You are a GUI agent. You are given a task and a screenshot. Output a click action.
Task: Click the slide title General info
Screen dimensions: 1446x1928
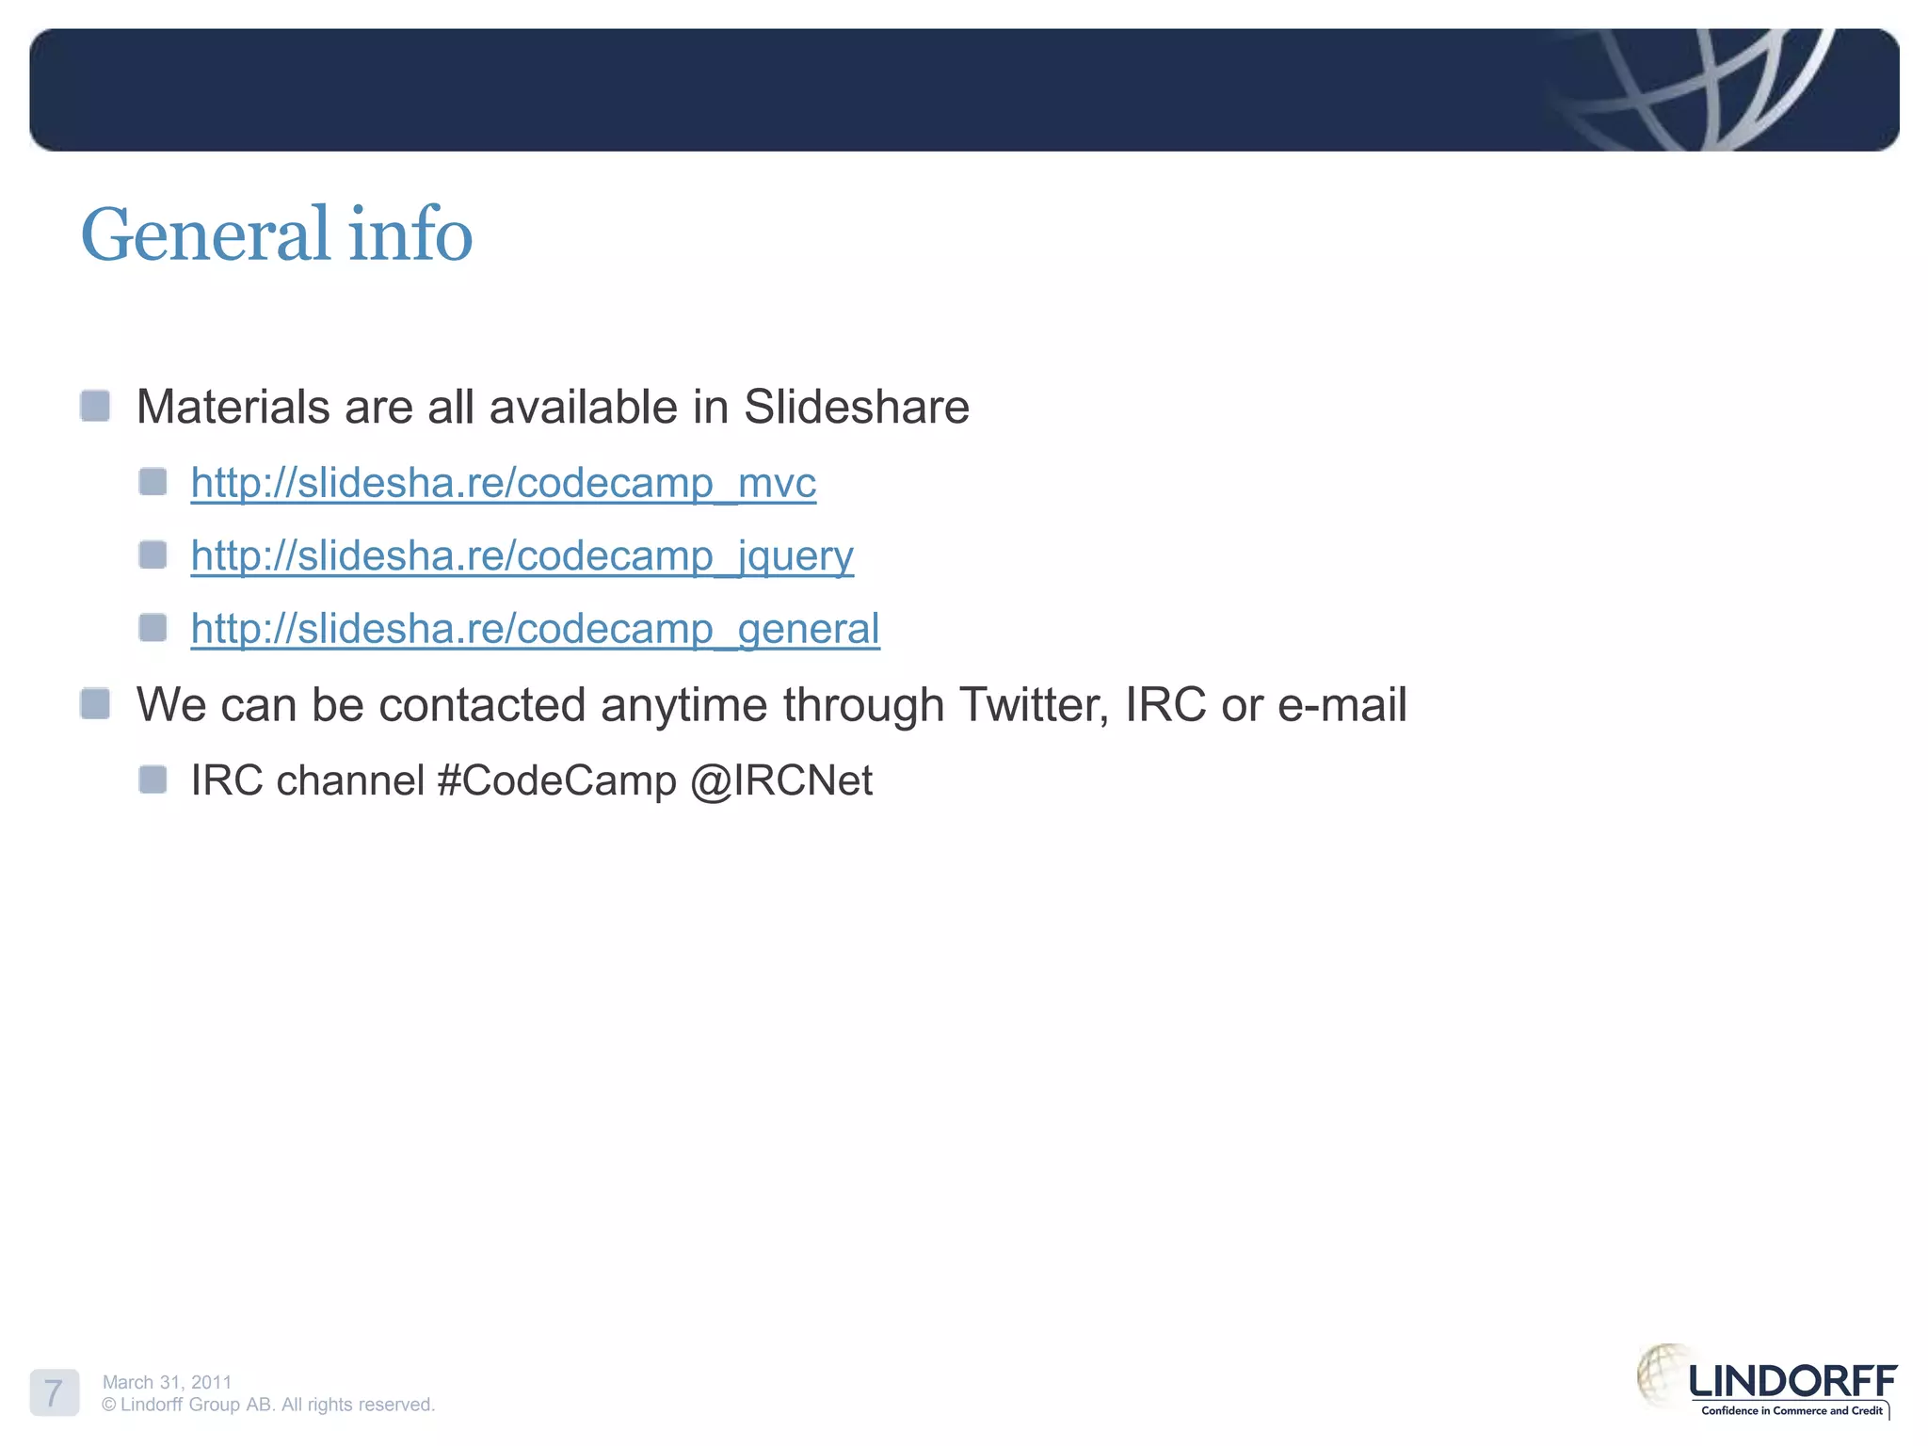point(276,234)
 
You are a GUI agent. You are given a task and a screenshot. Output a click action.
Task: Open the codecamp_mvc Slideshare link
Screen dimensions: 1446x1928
point(503,483)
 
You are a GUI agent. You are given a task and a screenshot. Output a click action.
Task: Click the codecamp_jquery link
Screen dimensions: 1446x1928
point(522,555)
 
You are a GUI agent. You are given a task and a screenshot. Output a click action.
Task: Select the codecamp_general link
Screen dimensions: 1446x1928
point(535,629)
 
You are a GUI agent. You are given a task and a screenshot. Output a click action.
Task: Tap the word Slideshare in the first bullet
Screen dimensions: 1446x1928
point(856,408)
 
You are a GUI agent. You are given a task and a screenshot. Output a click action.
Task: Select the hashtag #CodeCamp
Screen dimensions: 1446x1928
point(556,780)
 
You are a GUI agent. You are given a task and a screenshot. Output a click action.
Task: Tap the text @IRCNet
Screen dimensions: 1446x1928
point(781,780)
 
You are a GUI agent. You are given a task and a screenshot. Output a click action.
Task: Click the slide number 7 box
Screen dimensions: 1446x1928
point(54,1392)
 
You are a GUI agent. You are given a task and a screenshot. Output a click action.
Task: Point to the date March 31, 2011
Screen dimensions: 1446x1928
point(167,1382)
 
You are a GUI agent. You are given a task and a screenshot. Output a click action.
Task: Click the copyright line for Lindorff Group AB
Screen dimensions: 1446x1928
point(268,1405)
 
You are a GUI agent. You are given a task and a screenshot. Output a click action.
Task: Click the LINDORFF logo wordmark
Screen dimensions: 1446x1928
point(1791,1381)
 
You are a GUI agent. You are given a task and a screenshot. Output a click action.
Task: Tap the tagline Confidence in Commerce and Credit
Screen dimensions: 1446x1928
point(1791,1410)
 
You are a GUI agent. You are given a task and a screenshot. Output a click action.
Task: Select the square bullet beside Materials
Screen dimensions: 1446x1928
point(95,407)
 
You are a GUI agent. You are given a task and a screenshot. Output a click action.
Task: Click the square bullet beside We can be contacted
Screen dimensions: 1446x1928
point(95,703)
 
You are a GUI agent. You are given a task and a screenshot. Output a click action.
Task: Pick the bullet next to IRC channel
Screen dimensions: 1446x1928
point(153,779)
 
